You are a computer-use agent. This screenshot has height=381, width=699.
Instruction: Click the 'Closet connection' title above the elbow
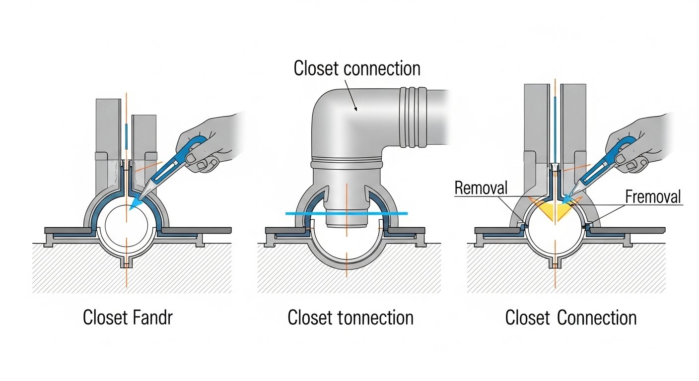(356, 68)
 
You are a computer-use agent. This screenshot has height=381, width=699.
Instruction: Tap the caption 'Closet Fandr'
(128, 318)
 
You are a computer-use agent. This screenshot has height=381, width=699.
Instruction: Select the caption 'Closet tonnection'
(350, 318)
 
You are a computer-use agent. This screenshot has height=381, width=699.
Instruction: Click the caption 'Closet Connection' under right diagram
(570, 318)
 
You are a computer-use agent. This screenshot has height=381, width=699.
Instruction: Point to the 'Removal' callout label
(481, 188)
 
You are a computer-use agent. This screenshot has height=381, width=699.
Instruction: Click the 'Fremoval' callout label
(652, 196)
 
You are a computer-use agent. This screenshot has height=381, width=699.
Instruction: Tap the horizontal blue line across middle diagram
(347, 213)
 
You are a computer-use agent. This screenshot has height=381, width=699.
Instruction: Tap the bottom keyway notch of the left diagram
(127, 261)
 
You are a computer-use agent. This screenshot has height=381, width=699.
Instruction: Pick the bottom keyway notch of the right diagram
(554, 261)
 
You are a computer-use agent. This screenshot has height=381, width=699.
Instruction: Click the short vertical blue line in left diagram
(127, 136)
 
